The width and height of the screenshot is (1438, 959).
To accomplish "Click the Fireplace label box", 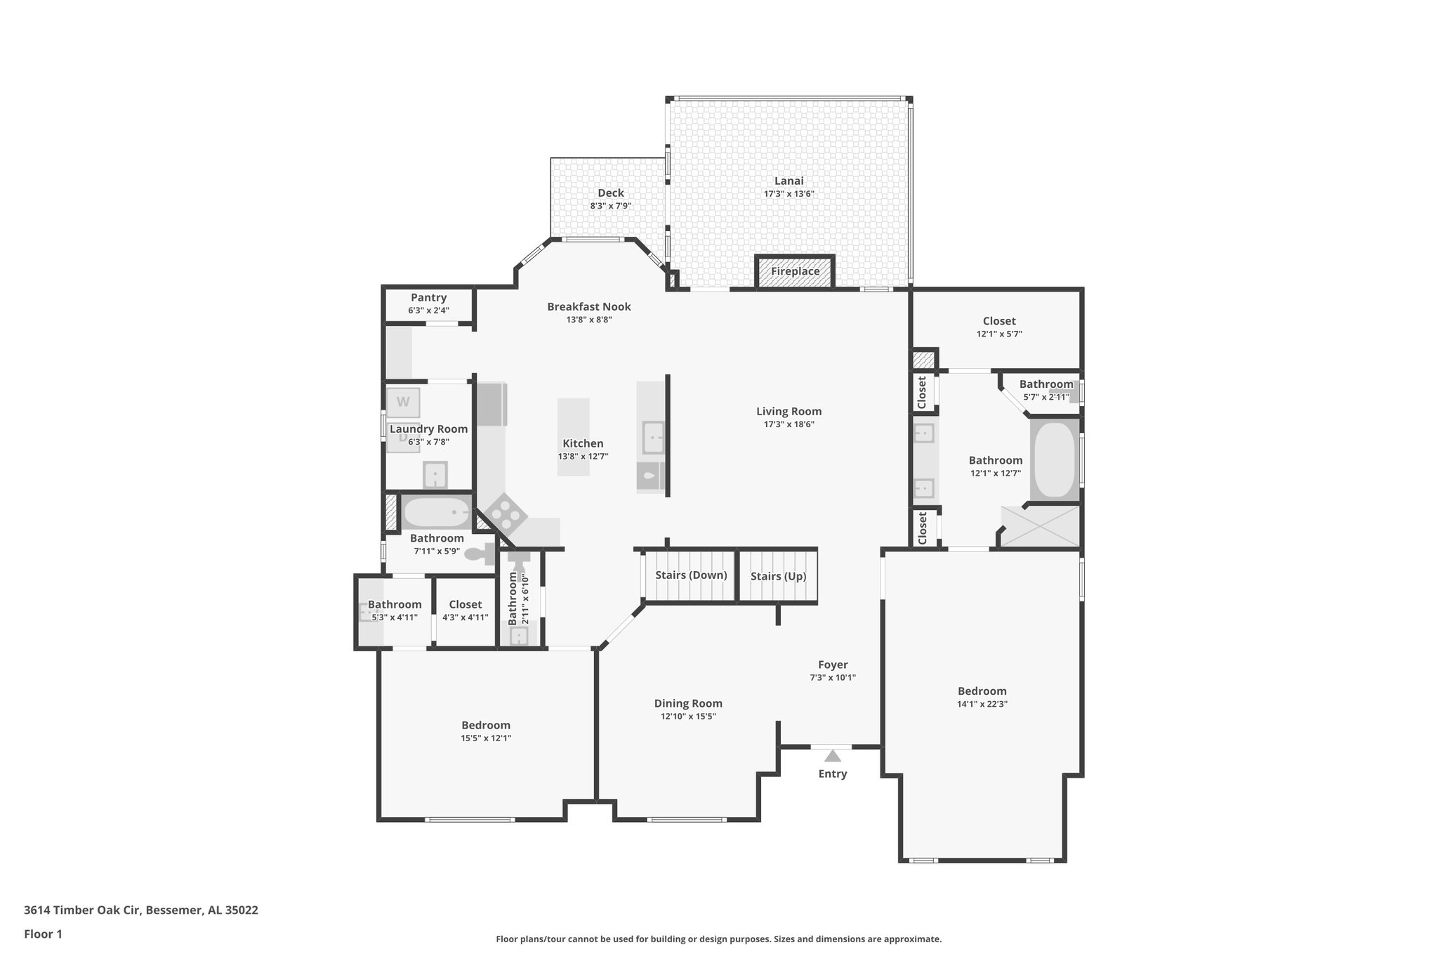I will pos(795,272).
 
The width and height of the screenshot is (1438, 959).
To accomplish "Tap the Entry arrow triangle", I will pos(832,756).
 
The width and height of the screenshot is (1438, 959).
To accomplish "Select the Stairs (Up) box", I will pos(778,576).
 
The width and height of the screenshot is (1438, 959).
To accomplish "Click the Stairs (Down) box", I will pos(690,575).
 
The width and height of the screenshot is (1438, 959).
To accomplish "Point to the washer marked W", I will pos(403,403).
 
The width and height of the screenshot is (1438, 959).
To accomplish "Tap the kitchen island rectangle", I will pos(573,437).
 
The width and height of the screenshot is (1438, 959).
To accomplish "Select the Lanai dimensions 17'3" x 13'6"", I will pos(789,194).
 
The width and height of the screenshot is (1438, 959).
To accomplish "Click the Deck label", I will pos(610,193).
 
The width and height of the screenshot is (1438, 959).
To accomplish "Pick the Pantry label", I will pos(428,298).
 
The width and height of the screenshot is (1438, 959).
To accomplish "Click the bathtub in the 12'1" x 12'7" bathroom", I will pos(1054,459).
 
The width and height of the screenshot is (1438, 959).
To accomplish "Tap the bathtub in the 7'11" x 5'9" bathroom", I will pos(437,513).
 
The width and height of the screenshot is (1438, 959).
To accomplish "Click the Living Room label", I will pos(789,412).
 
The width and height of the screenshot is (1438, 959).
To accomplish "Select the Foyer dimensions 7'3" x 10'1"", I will pos(832,678).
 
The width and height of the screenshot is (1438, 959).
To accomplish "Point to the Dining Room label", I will pos(688,703).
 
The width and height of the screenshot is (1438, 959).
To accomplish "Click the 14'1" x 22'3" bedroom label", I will pos(982,691).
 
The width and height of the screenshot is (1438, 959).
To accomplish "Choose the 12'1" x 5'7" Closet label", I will pos(998,321).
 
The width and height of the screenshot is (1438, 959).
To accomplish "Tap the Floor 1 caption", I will pos(43,934).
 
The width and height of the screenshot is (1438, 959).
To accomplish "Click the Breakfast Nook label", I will pos(588,306).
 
